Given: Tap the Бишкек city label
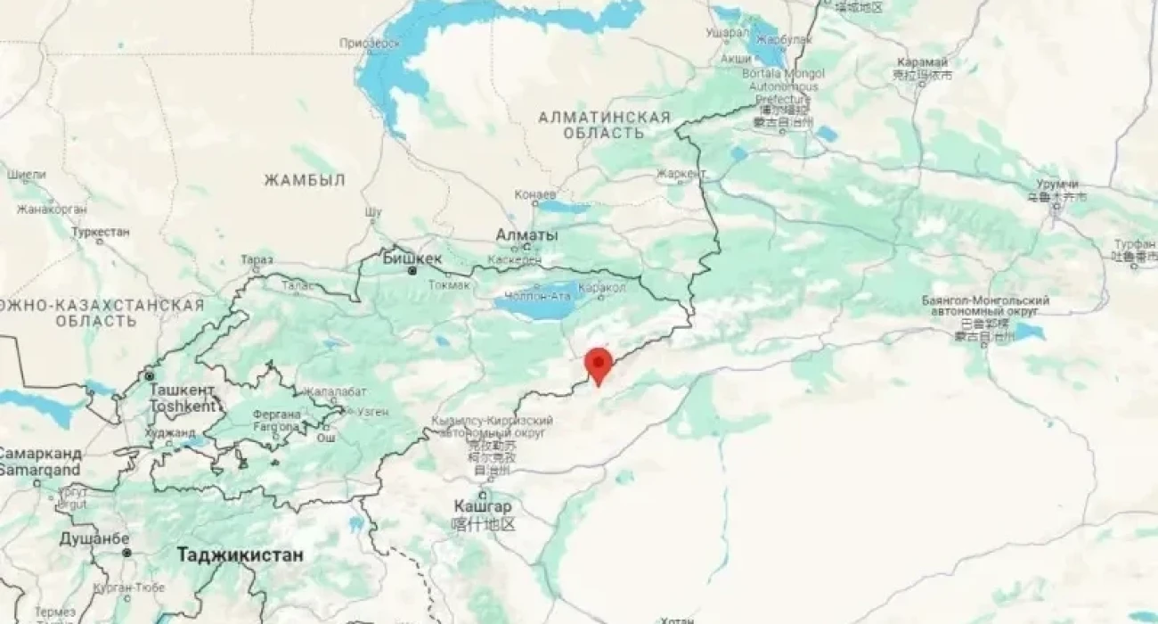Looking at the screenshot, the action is click(412, 258).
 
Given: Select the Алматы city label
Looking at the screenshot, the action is click(526, 235).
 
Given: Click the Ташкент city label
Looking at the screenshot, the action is click(182, 390).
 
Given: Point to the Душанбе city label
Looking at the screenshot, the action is click(94, 538).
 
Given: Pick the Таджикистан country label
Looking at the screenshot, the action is click(240, 554).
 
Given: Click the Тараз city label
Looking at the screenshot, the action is click(257, 260).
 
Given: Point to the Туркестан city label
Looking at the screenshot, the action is click(101, 232).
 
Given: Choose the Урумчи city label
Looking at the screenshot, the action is click(1064, 184).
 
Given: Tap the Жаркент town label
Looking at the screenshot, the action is click(681, 173).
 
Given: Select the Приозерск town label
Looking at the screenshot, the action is click(368, 43).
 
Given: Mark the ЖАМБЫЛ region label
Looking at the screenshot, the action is click(304, 180).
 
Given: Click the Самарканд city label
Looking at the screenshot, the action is click(40, 453).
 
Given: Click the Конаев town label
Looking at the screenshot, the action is click(535, 194).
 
